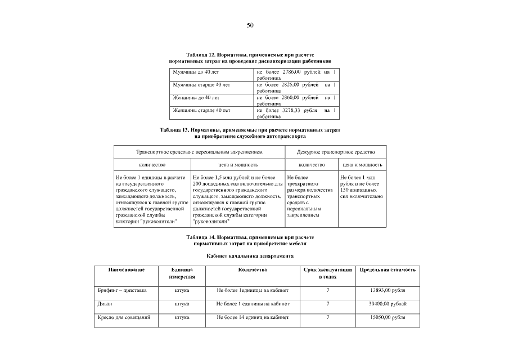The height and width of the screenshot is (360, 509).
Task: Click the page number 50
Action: pyautogui.click(x=250, y=25)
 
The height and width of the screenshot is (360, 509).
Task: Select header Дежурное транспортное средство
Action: pyautogui.click(x=336, y=152)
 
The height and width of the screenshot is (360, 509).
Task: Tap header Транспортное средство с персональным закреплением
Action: pyautogui.click(x=200, y=152)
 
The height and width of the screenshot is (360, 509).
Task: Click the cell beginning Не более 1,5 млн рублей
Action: pyautogui.click(x=238, y=199)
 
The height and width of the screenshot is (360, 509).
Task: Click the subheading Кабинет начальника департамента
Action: pyautogui.click(x=250, y=256)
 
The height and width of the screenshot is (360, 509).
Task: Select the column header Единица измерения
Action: pyautogui.click(x=182, y=273)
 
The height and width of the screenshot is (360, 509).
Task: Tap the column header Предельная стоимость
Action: pyautogui.click(x=388, y=270)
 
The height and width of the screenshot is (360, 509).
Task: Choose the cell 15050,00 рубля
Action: pyautogui.click(x=388, y=318)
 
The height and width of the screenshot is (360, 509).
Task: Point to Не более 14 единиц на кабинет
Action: pyautogui.click(x=253, y=318)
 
